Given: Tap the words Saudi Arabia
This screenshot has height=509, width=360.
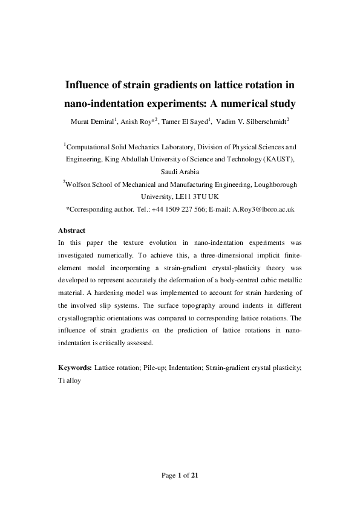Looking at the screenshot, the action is click(180, 171).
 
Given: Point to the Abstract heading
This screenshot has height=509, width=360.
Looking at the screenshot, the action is click(72, 230).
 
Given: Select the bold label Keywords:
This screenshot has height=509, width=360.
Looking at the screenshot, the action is click(76, 367).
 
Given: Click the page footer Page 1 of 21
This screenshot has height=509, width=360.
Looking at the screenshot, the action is click(180, 475).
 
